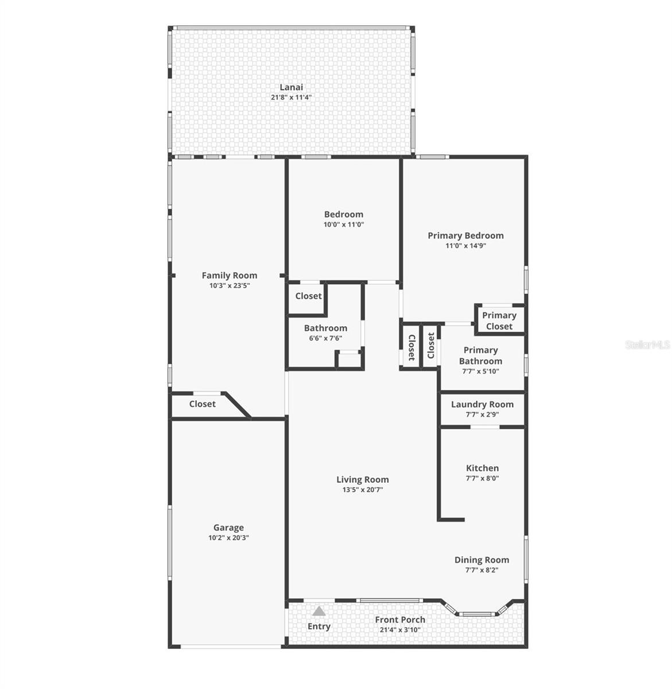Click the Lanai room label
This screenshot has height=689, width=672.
coord(291,87)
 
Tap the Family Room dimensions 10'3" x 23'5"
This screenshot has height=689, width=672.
coord(229,285)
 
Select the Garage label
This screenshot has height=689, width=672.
coord(228,528)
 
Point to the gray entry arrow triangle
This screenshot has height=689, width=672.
coord(319,611)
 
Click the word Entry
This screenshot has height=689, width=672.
coord(319,626)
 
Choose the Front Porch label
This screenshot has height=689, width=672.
coord(400,620)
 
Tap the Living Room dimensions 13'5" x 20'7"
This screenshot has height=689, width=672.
coord(362,490)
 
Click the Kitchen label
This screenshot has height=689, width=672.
coord(482,468)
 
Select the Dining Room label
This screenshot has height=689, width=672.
coord(481,560)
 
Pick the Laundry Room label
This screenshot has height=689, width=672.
coord(482,404)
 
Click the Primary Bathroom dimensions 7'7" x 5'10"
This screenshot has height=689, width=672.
coord(480,371)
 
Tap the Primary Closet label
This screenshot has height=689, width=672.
coord(499,321)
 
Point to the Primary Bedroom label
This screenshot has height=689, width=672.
coord(465,235)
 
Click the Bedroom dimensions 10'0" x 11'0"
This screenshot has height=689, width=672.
coord(343,224)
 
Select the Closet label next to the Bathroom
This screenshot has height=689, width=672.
coord(308,296)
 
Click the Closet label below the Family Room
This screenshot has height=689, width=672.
coord(203,404)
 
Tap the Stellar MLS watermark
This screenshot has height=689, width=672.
coord(647,345)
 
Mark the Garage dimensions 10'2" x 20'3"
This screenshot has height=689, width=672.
coord(228,538)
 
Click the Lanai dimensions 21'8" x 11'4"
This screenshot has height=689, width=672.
coord(291,98)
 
